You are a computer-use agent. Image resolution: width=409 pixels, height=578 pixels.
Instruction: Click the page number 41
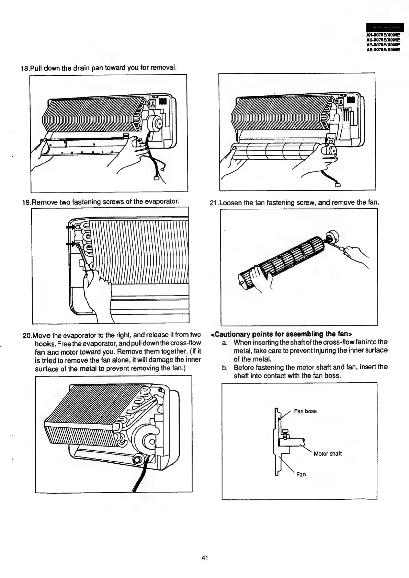tap(205, 558)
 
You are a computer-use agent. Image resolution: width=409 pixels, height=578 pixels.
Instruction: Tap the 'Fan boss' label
tap(305, 411)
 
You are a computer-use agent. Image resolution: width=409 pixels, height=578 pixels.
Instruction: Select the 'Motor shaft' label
tap(328, 454)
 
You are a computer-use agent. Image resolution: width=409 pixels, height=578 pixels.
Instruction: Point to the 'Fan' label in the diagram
tap(301, 475)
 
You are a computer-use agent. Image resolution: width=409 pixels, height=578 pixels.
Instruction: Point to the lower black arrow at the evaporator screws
tap(71, 244)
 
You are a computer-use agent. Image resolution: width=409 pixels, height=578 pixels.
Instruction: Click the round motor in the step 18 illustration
tap(156, 123)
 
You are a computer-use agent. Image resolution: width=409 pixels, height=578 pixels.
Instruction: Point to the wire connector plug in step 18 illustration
tap(155, 178)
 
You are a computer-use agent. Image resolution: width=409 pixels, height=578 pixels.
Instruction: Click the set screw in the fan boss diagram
tap(284, 433)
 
